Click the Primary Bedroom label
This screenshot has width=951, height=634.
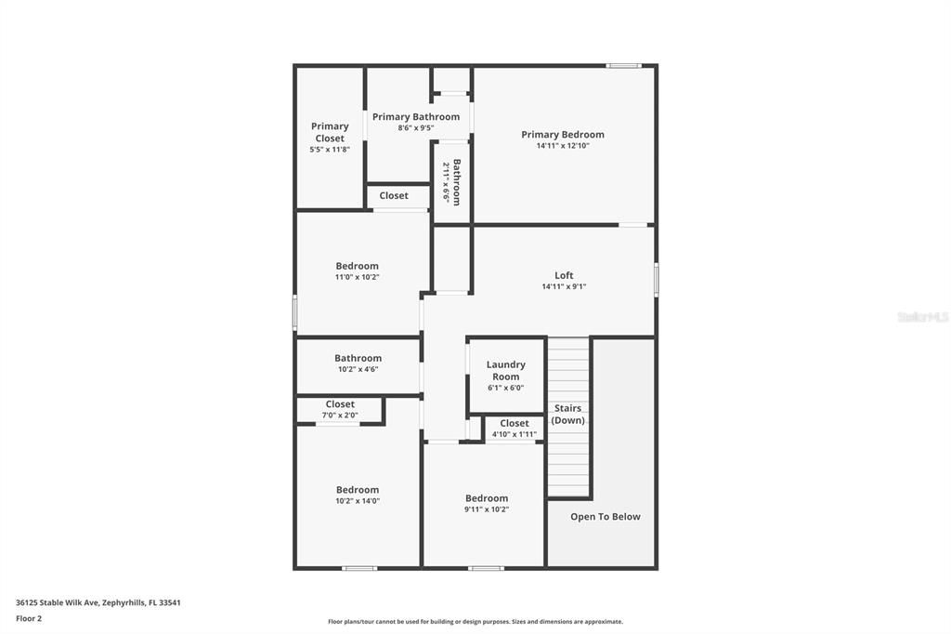coord(562,135)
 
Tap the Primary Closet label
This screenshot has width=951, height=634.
coord(330,132)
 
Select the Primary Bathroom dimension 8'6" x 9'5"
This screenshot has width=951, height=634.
coord(416,128)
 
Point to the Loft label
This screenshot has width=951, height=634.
coord(564,275)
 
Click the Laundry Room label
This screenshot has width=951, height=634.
coord(505,370)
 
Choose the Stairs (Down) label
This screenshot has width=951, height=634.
coord(567,414)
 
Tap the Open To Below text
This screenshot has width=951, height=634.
coord(605,517)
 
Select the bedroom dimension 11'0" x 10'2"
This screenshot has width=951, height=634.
coord(358,277)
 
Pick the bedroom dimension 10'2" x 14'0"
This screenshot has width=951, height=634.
coord(358,501)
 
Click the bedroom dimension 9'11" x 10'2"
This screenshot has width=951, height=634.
coord(487,509)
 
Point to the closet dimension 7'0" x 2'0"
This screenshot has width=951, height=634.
coord(340,416)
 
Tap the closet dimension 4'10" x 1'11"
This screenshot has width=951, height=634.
coord(514,434)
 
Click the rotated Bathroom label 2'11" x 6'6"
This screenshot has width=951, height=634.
coord(451,182)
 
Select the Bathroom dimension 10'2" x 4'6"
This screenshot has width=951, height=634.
coord(358,369)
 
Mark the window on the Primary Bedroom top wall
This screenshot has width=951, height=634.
coord(623,65)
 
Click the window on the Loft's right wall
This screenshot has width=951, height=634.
coord(656,280)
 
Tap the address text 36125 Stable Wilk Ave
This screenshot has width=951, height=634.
coord(98,602)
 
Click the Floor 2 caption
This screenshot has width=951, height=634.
coord(29,618)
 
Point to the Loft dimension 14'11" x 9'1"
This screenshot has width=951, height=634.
coord(564,286)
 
